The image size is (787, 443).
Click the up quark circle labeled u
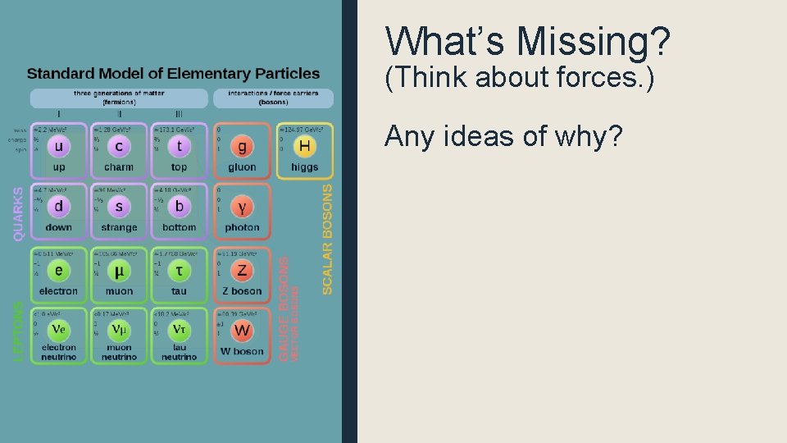coord(58,147)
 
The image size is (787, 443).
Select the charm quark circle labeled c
coord(119,147)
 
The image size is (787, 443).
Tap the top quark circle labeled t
coord(179,147)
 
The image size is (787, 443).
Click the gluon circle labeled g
coord(242,148)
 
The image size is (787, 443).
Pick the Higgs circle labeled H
coord(304,147)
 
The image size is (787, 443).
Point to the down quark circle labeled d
coord(58,207)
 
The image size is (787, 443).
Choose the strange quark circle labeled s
coord(119,207)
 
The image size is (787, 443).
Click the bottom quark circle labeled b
coord(179,207)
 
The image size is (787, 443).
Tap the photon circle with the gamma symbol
coord(242,208)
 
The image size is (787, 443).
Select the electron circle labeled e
coord(58,271)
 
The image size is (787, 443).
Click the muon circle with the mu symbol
coord(119,271)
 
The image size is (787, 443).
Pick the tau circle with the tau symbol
coord(179,271)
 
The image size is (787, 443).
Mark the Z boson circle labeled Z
coord(242,271)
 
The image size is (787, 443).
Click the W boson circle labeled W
coord(242,331)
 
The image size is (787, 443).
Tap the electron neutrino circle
coord(58,330)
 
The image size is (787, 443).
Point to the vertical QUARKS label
coord(18,212)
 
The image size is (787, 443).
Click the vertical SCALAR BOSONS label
coord(327,239)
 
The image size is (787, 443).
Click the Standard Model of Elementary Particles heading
coord(173,74)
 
